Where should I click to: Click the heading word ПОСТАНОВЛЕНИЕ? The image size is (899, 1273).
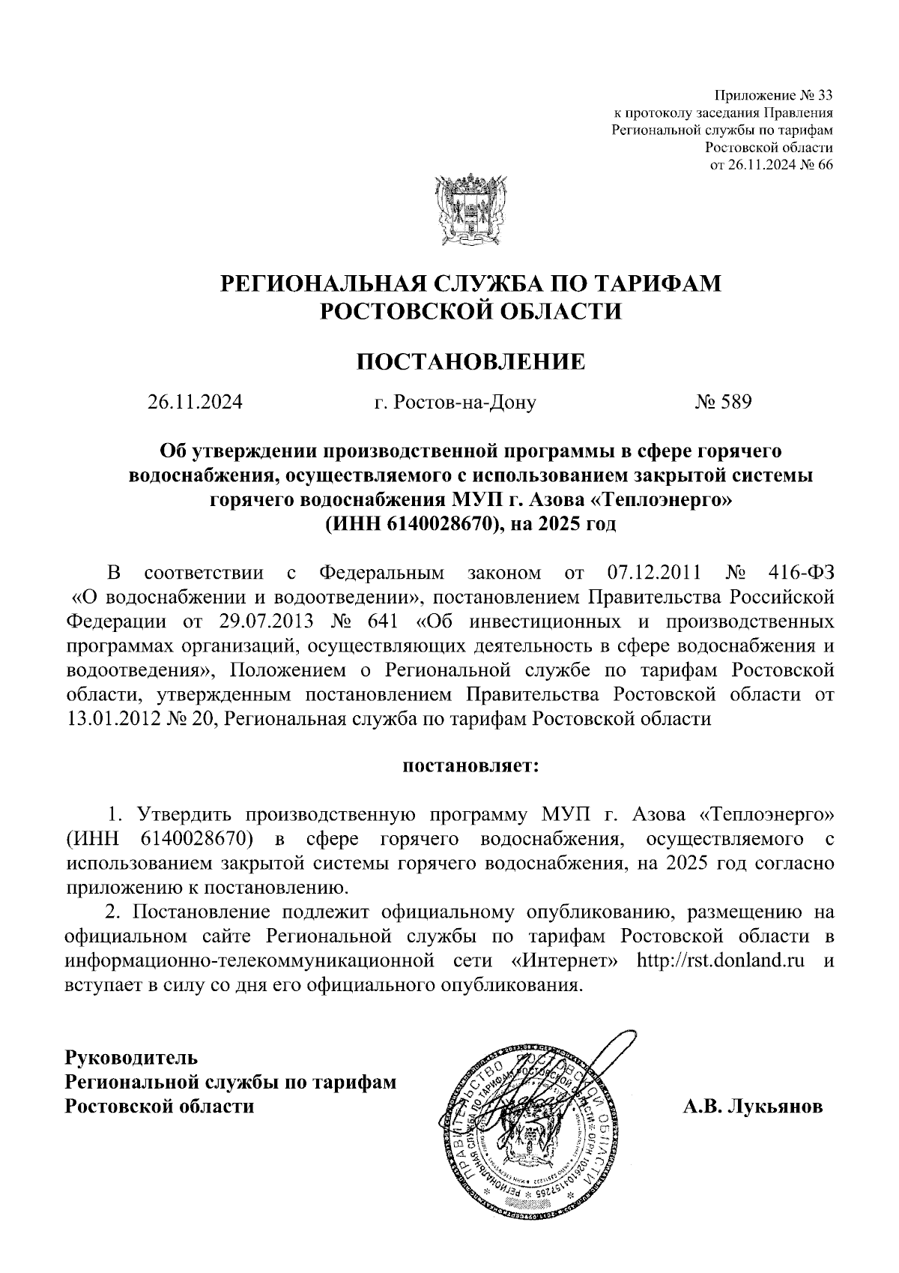[470, 362]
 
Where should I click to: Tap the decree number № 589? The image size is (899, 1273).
[723, 403]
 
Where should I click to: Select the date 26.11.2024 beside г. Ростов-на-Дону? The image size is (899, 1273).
[195, 403]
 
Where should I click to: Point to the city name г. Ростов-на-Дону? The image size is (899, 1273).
[455, 403]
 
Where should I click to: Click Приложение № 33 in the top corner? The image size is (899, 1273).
[773, 96]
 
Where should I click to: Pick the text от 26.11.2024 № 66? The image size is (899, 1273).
[771, 165]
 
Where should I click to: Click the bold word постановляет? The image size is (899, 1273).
[471, 766]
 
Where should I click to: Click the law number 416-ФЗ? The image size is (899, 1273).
[801, 574]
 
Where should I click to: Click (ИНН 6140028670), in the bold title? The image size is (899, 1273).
[413, 523]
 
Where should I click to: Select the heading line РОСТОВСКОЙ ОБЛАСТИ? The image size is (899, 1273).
[471, 310]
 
